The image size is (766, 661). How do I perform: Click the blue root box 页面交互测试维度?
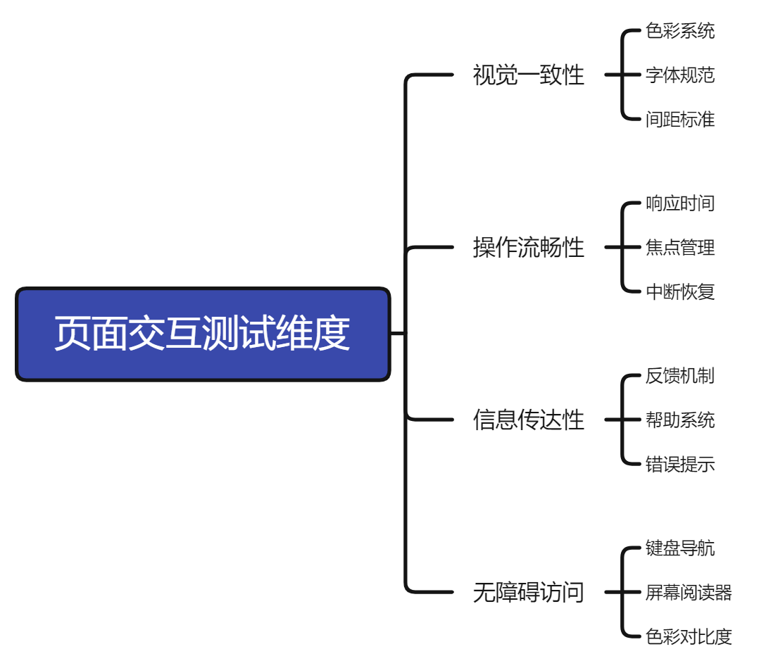pos(203,334)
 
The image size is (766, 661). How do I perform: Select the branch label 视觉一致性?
pos(528,75)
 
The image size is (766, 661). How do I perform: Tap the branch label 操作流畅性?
pos(528,247)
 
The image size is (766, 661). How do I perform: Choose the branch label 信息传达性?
pos(528,420)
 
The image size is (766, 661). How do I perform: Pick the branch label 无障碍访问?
pos(528,592)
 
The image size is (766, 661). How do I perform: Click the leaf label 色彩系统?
pos(679,31)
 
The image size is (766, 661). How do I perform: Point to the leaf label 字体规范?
pos(679,75)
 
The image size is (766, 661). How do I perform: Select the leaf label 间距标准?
pos(679,119)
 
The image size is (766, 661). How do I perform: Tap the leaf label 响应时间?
pos(679,203)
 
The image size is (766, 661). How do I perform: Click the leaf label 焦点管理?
pos(679,247)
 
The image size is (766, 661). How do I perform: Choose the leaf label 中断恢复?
pos(679,291)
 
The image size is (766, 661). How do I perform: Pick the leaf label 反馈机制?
pos(679,376)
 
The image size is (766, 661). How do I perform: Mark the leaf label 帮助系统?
pos(679,420)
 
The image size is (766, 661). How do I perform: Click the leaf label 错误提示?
pos(679,464)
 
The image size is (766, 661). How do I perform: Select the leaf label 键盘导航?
pos(679,548)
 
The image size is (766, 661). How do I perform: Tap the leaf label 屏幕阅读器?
pos(689,592)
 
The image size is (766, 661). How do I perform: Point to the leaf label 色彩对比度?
pos(689,636)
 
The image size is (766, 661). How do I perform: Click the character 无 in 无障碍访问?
pos(484,592)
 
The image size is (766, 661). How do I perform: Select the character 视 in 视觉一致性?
pos(484,75)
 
